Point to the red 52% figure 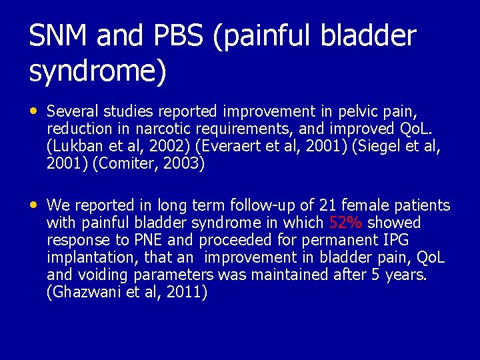[x=345, y=223]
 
